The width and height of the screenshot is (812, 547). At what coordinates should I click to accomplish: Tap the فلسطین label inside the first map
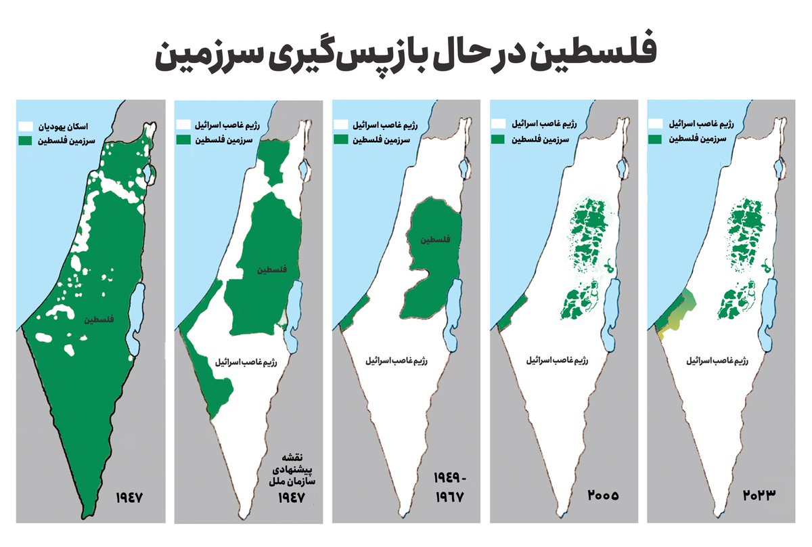99,320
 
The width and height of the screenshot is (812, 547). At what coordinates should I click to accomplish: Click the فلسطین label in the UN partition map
272,269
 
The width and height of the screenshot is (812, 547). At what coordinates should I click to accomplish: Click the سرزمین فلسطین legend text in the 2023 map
701,139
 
